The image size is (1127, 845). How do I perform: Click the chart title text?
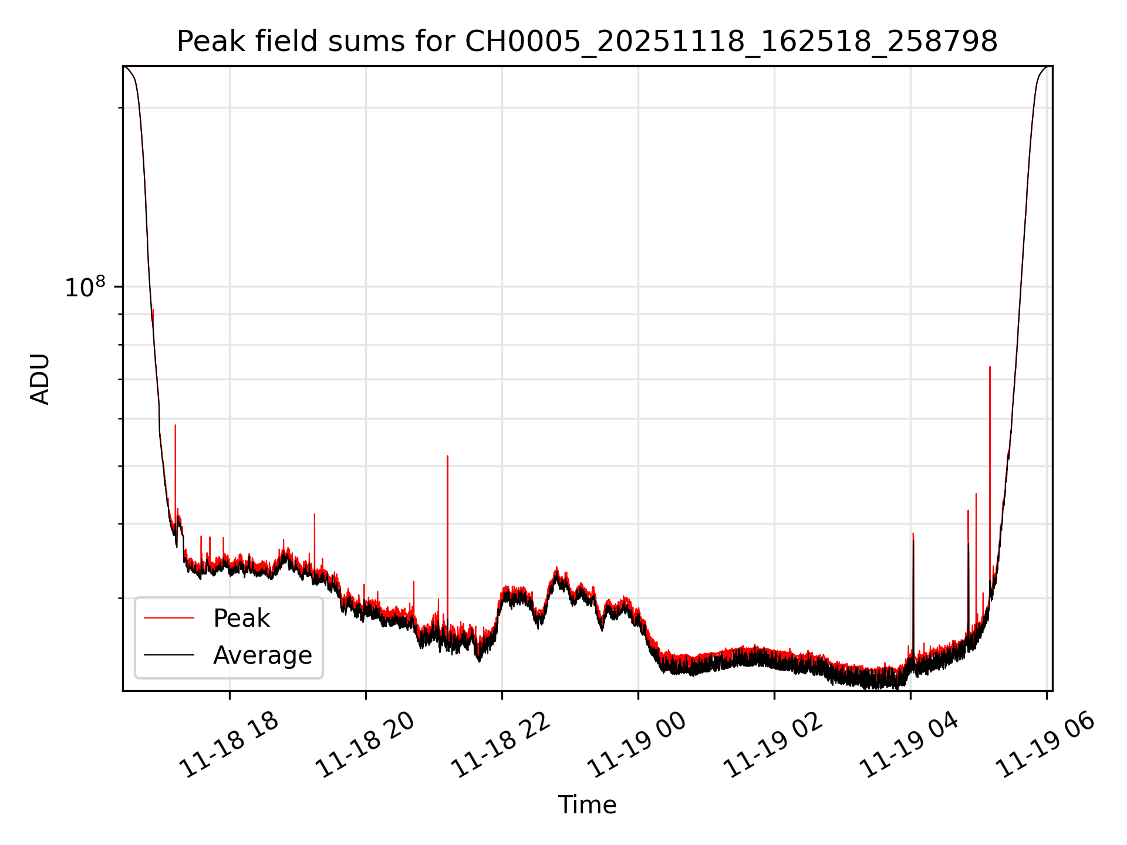[587, 42]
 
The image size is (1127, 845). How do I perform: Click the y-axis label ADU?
[40, 379]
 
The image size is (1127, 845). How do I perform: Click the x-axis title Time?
[587, 805]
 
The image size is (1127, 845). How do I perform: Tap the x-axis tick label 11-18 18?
[230, 746]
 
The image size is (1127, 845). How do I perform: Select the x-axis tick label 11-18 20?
[366, 746]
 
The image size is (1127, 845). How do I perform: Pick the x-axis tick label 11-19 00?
[637, 746]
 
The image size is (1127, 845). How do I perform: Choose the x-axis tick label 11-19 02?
[774, 746]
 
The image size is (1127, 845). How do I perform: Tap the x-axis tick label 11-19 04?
[910, 746]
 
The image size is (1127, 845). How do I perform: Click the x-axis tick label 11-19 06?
[1046, 746]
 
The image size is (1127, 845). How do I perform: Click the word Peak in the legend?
[241, 618]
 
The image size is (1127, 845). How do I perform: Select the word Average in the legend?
[262, 655]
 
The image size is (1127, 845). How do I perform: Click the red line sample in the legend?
[169, 618]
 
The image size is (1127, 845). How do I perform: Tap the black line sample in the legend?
[169, 655]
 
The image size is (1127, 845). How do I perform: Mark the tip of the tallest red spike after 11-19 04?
[990, 367]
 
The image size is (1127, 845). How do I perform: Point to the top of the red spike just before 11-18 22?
[447, 456]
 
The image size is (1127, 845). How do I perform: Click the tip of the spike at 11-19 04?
[913, 533]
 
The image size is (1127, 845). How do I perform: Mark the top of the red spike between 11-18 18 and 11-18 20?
[315, 514]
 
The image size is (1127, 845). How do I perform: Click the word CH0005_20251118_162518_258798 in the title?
[731, 42]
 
